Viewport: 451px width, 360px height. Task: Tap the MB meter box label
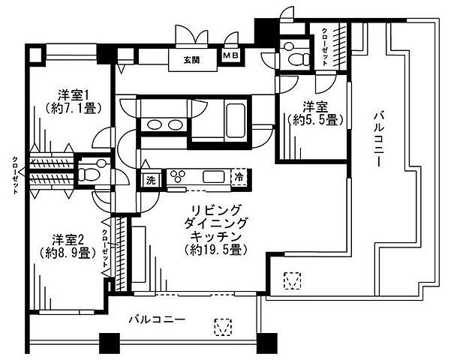tap(229, 56)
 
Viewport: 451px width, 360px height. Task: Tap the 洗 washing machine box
tap(149, 179)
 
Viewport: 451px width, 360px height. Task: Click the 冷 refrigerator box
tap(238, 178)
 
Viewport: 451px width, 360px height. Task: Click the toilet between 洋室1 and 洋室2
tap(87, 173)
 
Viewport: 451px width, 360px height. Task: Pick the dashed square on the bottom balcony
tap(221, 327)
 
